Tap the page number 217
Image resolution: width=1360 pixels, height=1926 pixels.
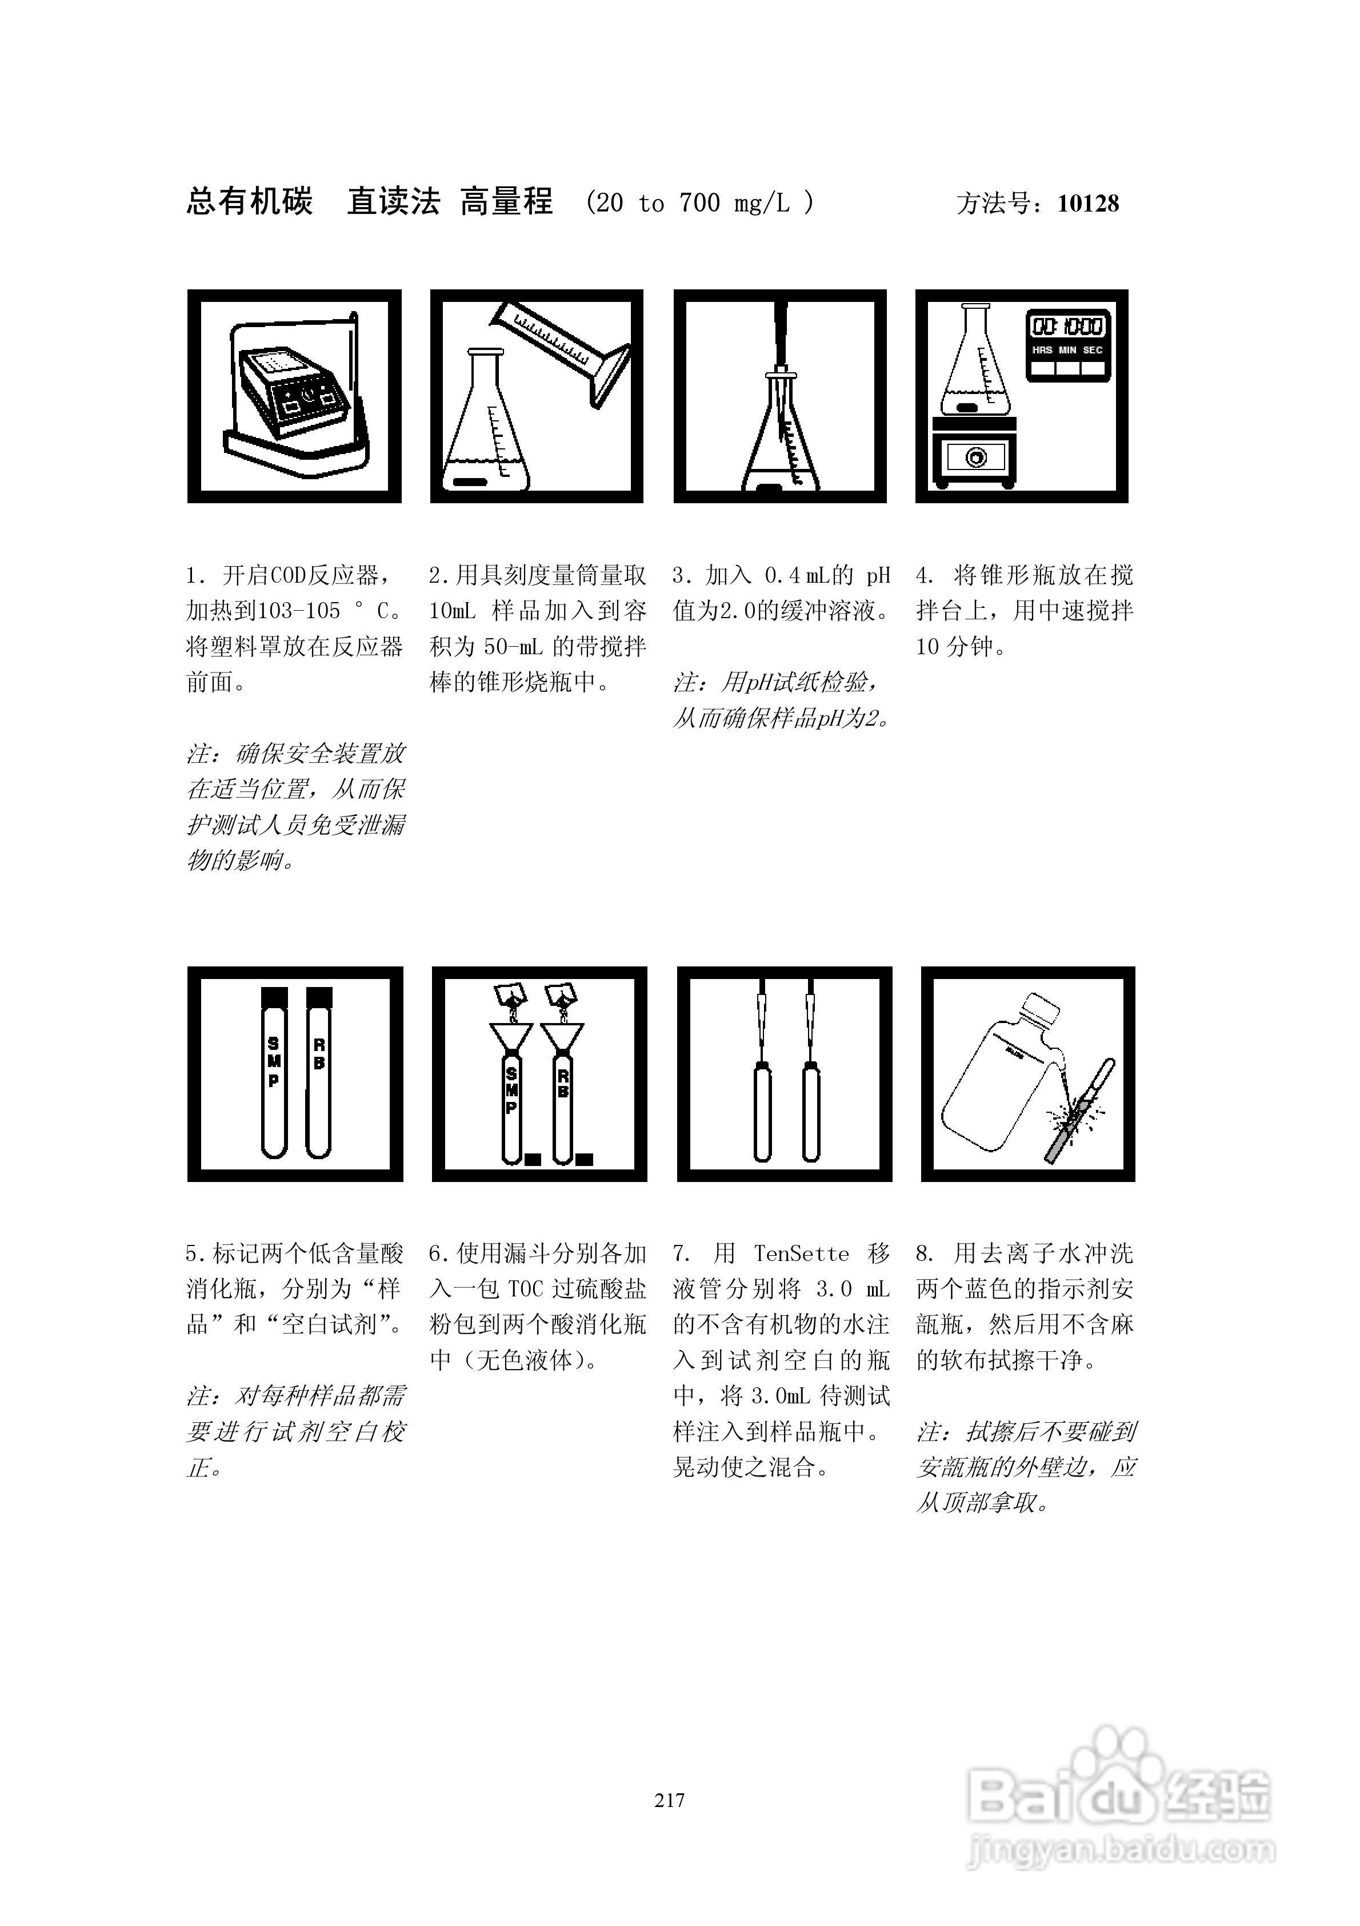(669, 1800)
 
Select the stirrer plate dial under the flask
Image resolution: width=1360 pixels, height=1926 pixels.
(975, 457)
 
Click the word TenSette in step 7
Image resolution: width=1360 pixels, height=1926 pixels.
(801, 1254)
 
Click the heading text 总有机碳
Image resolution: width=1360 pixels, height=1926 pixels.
(249, 202)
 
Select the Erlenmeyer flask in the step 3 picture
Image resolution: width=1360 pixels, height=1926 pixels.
(780, 444)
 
